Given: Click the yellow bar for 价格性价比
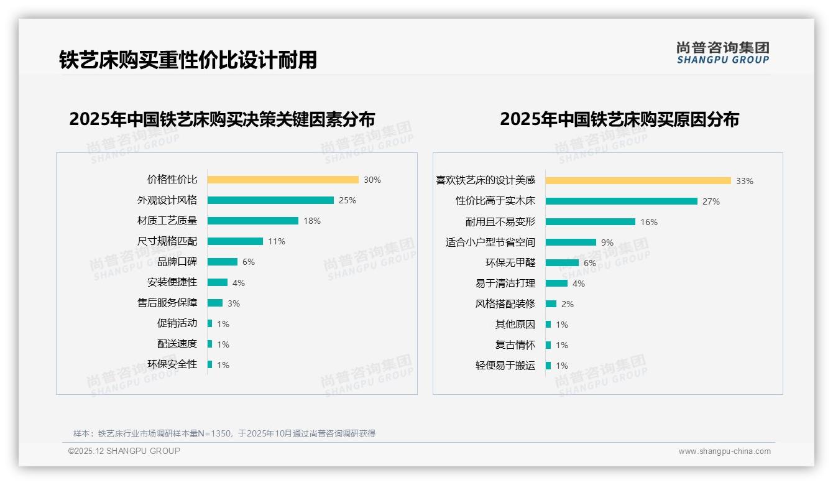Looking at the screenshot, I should point(283,180).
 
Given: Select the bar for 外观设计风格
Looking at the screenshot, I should point(270,200).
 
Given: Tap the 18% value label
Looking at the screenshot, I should point(312,221).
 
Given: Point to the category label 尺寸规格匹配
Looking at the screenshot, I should point(167,241).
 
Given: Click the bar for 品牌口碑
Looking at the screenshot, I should point(223,262).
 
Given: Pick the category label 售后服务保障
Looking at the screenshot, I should point(167,303).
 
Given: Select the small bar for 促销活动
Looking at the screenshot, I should point(210,323).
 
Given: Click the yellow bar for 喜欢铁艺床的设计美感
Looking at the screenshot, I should point(638,181).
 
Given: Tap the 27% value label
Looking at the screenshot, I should point(711,201).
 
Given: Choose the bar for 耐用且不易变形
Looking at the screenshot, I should point(591,222).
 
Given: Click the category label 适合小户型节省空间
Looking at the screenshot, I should point(490,242).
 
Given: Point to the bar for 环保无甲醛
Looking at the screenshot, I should point(562,263).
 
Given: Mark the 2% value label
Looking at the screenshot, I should point(568,304).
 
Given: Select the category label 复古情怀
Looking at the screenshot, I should point(515,345).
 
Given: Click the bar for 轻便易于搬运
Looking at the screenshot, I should point(548,366).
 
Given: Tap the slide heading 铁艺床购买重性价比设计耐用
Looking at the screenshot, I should point(188,60).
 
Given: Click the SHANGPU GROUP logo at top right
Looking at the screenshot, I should point(723,53).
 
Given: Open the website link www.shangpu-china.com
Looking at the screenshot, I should point(724,451).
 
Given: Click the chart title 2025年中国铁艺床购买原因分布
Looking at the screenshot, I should point(619,119).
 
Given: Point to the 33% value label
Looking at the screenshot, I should point(745,181).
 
